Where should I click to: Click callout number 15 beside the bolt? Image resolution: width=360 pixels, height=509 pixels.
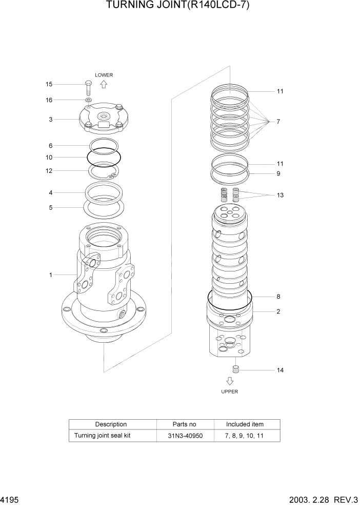(x=49, y=84)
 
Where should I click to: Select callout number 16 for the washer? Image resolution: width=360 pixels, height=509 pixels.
(x=49, y=100)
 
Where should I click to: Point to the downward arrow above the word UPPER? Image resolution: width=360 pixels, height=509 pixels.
(x=230, y=381)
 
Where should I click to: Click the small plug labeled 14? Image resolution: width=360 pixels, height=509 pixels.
(x=236, y=369)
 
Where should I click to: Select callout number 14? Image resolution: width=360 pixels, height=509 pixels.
(x=280, y=370)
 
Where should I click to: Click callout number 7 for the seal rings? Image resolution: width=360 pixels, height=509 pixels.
(x=278, y=122)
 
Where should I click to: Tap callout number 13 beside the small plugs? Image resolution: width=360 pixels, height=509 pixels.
(x=280, y=195)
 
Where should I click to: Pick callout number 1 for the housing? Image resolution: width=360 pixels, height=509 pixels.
(x=51, y=275)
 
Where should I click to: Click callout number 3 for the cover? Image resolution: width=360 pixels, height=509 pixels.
(x=51, y=120)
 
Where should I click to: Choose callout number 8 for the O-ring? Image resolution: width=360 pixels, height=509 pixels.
(x=278, y=297)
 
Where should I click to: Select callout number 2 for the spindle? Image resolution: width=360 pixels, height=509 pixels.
(x=278, y=311)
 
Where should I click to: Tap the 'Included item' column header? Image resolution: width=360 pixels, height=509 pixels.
(x=245, y=424)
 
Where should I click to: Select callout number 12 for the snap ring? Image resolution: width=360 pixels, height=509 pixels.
(x=49, y=171)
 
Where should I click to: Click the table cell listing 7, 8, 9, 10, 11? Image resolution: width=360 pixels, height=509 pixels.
(x=245, y=436)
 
